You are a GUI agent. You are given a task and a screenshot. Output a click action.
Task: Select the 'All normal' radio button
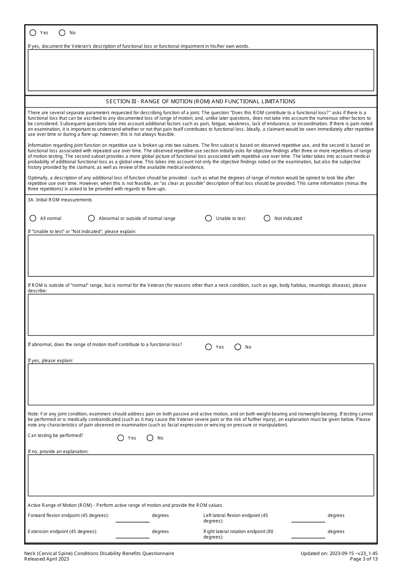pos(33,218)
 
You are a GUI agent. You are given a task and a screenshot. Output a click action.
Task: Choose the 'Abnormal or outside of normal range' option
pos(91,218)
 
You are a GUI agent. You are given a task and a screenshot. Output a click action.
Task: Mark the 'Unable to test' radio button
pos(209,218)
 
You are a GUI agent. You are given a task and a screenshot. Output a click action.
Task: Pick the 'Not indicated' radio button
pos(267,218)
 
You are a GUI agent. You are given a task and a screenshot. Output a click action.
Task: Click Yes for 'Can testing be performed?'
pos(121,438)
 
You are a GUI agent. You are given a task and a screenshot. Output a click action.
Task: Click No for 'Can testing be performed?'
pos(150,438)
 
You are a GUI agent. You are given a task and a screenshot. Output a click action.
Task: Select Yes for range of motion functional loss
pos(209,347)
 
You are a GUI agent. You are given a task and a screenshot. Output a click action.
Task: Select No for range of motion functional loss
pos(238,347)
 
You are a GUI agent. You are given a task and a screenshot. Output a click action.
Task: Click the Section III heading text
pos(201,102)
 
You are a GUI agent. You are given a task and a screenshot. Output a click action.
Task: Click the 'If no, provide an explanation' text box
pos(201,475)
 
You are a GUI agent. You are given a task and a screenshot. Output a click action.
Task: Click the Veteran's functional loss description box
pos(201,70)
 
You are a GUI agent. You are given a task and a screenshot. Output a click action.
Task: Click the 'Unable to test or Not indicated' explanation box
pos(201,256)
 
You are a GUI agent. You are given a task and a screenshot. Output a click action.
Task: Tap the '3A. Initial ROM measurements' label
pos(60,200)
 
